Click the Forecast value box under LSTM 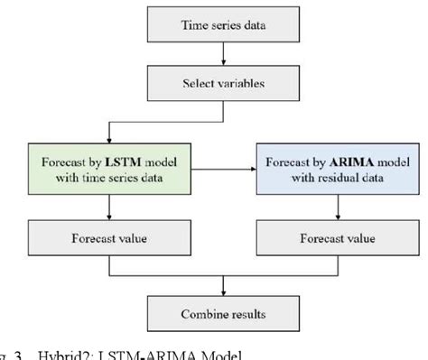(x=108, y=241)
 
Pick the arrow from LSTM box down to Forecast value (x=108, y=210)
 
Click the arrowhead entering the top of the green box (x=108, y=135)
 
